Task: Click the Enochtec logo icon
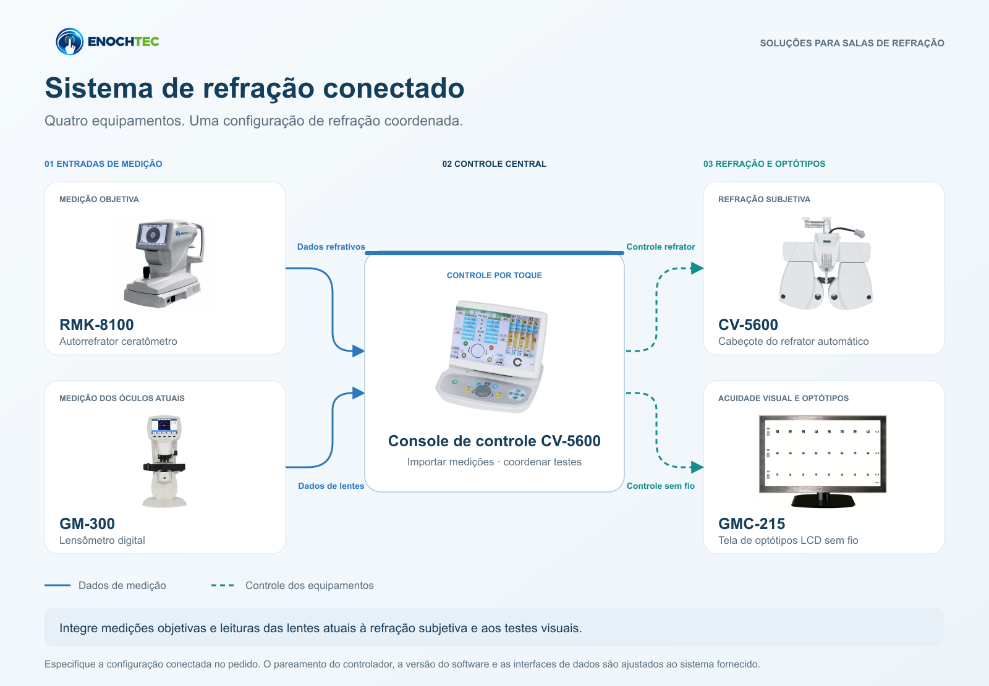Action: pos(70,41)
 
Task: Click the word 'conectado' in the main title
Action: pos(393,88)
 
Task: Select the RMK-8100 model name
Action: pos(96,324)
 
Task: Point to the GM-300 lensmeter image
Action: pos(164,461)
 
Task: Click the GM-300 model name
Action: pos(87,523)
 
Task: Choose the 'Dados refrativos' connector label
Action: pos(331,247)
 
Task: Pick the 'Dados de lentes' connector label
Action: pos(331,486)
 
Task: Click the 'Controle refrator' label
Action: pos(661,247)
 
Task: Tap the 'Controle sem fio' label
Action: pos(661,486)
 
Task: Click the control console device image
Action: pos(492,357)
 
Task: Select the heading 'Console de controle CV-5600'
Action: pos(494,441)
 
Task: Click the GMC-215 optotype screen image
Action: pos(823,461)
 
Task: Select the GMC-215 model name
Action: pos(752,523)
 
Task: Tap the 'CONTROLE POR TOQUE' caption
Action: pos(494,276)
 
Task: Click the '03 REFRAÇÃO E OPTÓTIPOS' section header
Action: pos(764,164)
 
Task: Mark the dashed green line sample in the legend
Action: pos(223,585)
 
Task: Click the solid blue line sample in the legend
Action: pos(57,585)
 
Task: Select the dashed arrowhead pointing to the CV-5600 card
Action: pos(697,268)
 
